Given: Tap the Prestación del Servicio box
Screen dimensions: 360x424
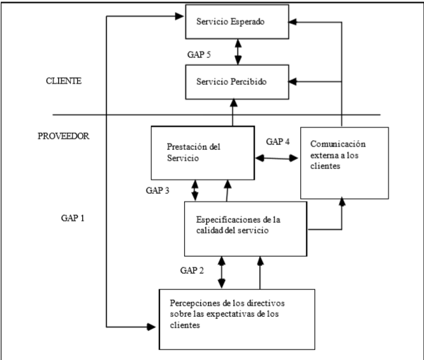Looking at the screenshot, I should (202, 153).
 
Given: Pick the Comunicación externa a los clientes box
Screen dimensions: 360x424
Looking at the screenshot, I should (344, 162).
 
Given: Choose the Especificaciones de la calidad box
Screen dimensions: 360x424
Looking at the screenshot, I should (245, 227).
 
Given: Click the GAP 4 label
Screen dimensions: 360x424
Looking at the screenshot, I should (278, 141).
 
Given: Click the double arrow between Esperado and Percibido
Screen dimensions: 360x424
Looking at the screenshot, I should (237, 52).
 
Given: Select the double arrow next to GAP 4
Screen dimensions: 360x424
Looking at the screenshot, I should (277, 158).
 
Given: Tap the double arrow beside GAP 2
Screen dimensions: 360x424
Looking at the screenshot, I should (224, 272).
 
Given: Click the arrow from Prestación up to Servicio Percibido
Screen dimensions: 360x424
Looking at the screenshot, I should (231, 113).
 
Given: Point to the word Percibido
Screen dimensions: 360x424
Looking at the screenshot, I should (254, 82).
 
